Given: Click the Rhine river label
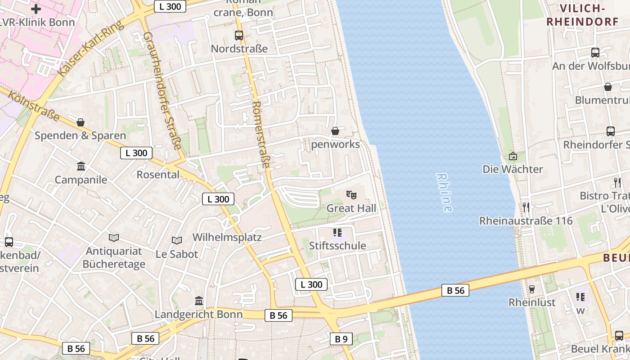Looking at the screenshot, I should pyautogui.click(x=444, y=193).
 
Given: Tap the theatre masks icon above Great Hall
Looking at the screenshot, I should pyautogui.click(x=351, y=195).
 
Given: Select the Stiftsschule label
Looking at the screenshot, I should pyautogui.click(x=337, y=246).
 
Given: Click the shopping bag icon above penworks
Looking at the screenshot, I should pyautogui.click(x=335, y=131).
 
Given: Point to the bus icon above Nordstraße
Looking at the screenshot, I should pyautogui.click(x=239, y=35).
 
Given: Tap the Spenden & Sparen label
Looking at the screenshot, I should pyautogui.click(x=81, y=135).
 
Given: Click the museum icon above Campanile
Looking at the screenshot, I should pyautogui.click(x=81, y=166).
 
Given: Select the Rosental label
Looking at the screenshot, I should pyautogui.click(x=158, y=175).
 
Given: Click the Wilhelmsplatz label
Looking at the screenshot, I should pyautogui.click(x=227, y=237).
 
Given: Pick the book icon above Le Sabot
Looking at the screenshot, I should pyautogui.click(x=177, y=241).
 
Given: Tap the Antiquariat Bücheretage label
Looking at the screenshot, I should pyautogui.click(x=114, y=257).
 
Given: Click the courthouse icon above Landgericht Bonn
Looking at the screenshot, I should pyautogui.click(x=198, y=301).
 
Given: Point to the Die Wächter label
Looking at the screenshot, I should pyautogui.click(x=513, y=169).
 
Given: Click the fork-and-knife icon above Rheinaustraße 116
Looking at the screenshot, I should pyautogui.click(x=526, y=207).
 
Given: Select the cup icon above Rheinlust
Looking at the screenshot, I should pyautogui.click(x=532, y=288).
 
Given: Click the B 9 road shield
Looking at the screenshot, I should pyautogui.click(x=341, y=339).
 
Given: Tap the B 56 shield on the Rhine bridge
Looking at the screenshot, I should pyautogui.click(x=455, y=290).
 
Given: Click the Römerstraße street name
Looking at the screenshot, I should pyautogui.click(x=261, y=135).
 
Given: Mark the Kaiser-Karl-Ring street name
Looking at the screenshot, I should pyautogui.click(x=90, y=48).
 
